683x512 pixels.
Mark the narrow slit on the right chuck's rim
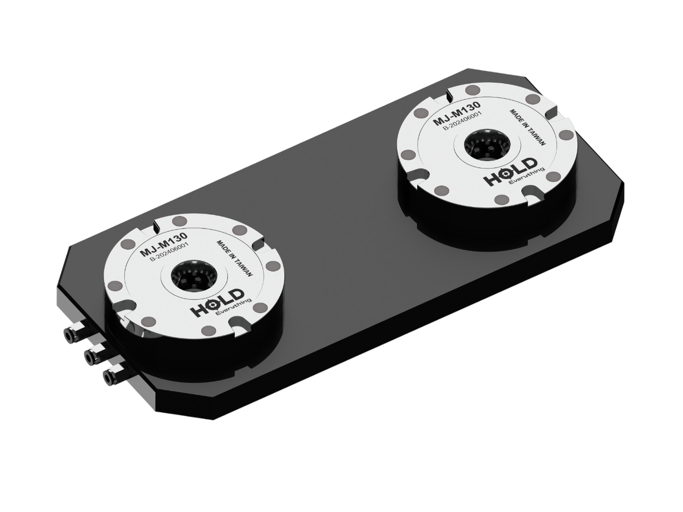click(448, 94)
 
